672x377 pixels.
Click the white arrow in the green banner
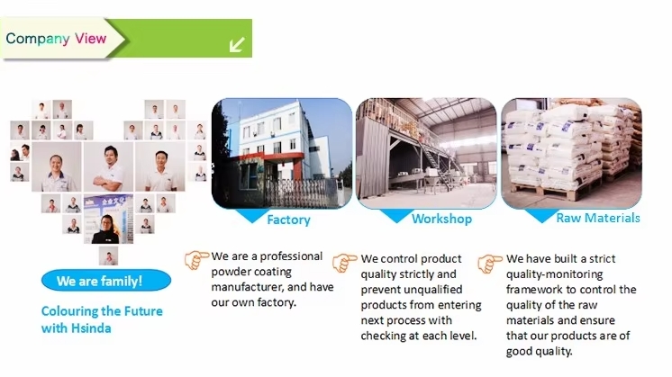(x=237, y=44)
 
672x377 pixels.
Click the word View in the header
(x=90, y=39)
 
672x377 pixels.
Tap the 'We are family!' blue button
(x=106, y=281)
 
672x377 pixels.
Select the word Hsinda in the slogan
(x=91, y=328)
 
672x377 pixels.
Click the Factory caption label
(x=288, y=220)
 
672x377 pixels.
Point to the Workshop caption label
(x=442, y=220)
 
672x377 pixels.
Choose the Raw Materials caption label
(x=598, y=219)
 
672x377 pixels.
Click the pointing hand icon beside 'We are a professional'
(x=196, y=260)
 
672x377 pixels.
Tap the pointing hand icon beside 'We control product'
(x=344, y=263)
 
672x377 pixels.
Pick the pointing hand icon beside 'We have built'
(x=489, y=263)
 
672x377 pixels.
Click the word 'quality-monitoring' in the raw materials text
(x=555, y=274)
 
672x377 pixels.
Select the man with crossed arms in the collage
(x=108, y=167)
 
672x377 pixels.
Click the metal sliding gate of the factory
(x=299, y=192)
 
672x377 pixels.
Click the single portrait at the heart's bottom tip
(x=108, y=256)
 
